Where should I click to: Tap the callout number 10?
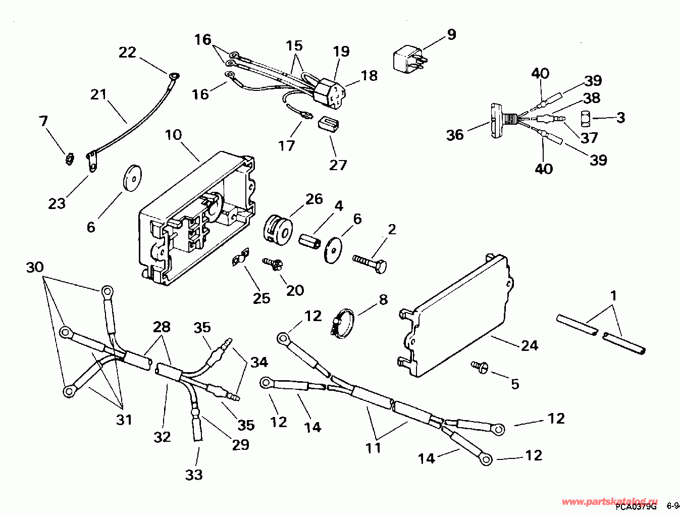coord(173,135)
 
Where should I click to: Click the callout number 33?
coord(194,475)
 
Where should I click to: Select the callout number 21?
coord(99,94)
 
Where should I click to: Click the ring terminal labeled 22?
coord(174,77)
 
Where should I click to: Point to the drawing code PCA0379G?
coord(636,506)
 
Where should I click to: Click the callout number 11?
coord(374,447)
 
